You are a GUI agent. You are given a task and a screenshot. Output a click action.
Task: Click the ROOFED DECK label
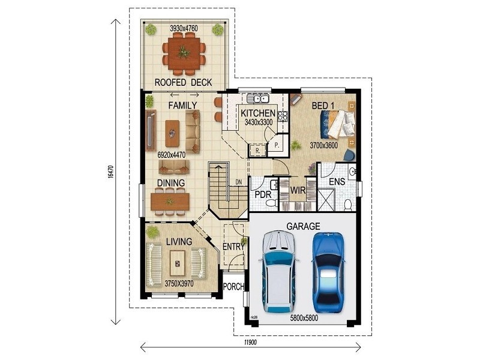click(183, 82)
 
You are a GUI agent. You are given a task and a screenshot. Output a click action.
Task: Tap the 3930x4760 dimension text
click(184, 28)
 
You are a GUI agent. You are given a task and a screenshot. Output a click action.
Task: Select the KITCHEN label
click(258, 113)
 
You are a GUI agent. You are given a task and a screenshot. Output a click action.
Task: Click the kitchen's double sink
click(258, 98)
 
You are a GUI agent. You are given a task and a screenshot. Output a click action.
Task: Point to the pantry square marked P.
click(277, 145)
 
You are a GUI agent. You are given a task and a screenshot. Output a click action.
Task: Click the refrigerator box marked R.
click(257, 151)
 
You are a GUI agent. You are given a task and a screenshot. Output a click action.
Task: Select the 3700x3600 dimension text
click(323, 145)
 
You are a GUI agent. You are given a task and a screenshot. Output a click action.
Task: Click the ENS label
click(337, 182)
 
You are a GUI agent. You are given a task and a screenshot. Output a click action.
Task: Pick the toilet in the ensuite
click(348, 205)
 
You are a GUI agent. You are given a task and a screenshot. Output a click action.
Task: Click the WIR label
click(297, 190)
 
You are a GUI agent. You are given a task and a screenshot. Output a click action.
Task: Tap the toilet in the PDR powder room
click(271, 203)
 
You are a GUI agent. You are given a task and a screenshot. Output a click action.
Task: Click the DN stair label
click(239, 182)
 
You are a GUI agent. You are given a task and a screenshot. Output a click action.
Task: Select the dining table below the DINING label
click(170, 202)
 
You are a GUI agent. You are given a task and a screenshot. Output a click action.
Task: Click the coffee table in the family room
click(172, 133)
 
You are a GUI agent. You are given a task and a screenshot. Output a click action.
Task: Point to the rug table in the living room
click(178, 263)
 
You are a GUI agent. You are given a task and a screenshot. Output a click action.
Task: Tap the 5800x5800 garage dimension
click(304, 318)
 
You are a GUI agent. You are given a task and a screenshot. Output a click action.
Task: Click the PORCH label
click(233, 287)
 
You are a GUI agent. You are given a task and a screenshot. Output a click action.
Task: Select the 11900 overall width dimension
click(250, 342)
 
